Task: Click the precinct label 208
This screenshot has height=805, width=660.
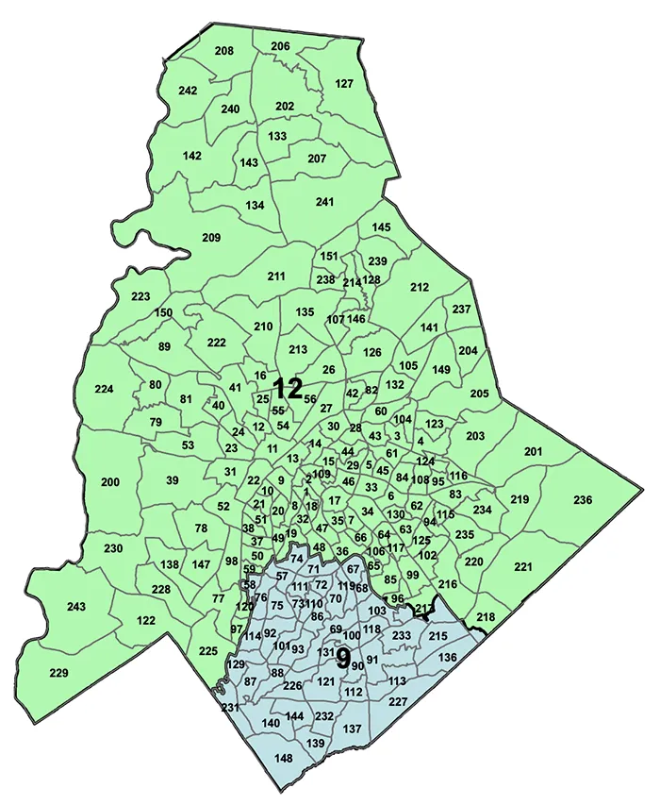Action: [x=223, y=50]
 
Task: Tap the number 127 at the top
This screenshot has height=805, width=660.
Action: [x=344, y=83]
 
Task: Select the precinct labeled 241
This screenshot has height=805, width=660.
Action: [x=325, y=202]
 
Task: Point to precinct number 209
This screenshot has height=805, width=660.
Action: [x=211, y=237]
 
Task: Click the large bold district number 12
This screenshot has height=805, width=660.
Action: [x=288, y=387]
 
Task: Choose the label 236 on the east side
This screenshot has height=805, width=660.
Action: [x=583, y=499]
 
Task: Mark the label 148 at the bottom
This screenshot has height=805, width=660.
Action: [x=284, y=759]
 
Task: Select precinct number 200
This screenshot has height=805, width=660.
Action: [x=110, y=482]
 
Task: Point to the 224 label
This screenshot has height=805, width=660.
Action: [x=105, y=389]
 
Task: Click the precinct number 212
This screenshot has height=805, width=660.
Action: [x=420, y=287]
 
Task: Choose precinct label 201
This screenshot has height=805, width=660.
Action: [x=534, y=453]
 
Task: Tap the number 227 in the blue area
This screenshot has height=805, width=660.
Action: [x=397, y=701]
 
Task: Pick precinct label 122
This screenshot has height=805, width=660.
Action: [x=145, y=620]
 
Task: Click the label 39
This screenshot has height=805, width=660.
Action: [x=173, y=480]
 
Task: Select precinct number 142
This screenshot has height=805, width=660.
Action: [x=192, y=156]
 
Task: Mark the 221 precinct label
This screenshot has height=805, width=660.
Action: [x=523, y=567]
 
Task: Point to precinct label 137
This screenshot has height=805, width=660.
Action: [x=353, y=729]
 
